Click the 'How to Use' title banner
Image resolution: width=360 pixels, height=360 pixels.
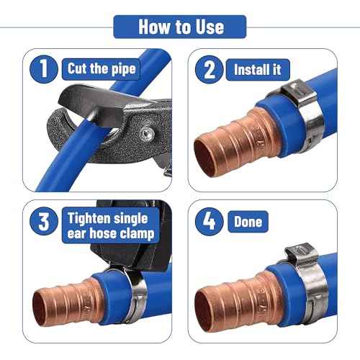pyautogui.click(x=180, y=27)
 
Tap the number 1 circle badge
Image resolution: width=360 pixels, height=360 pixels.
pyautogui.click(x=44, y=69)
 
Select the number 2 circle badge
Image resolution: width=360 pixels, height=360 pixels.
pyautogui.click(x=210, y=70)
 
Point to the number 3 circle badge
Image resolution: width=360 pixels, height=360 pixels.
pyautogui.click(x=44, y=221)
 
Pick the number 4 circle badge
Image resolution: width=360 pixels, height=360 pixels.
pyautogui.click(x=210, y=222)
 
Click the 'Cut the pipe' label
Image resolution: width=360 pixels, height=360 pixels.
pyautogui.click(x=101, y=69)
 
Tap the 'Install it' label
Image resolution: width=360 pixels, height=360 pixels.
pyautogui.click(x=258, y=70)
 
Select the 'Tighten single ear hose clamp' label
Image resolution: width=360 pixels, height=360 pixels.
pyautogui.click(x=111, y=225)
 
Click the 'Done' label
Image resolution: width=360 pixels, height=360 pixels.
pyautogui.click(x=248, y=222)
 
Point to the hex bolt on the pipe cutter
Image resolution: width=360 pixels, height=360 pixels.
pyautogui.click(x=147, y=133)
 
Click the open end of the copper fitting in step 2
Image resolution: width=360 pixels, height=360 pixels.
pyautogui.click(x=207, y=157)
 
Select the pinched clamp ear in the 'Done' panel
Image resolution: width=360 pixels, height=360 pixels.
pyautogui.click(x=302, y=254)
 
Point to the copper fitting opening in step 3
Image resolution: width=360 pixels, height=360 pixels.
pyautogui.click(x=40, y=308)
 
